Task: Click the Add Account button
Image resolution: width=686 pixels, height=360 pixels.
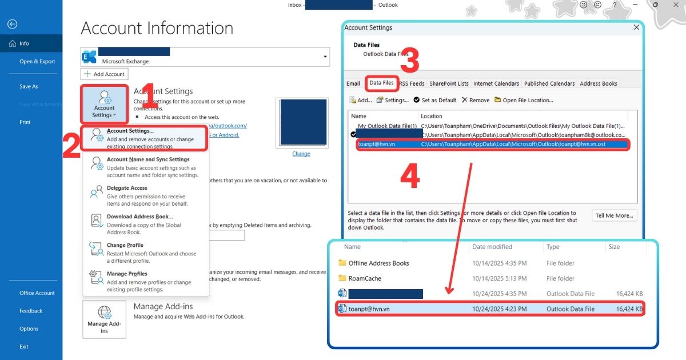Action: [104, 74]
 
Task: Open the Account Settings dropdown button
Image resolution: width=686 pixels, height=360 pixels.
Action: [104, 104]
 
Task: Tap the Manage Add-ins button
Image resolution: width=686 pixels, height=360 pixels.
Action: [104, 319]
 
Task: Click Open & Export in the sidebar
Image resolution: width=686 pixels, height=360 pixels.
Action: [37, 62]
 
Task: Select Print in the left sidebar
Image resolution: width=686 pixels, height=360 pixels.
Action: [25, 122]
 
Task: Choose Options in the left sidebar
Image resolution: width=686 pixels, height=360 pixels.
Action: [29, 329]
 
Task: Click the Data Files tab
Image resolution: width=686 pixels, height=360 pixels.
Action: [382, 83]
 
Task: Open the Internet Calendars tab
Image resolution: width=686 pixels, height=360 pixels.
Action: [496, 83]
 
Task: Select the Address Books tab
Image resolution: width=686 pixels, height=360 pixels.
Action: [598, 83]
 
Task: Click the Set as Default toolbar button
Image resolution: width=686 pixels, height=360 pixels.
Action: [435, 100]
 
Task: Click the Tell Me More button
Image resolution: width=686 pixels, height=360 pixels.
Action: [614, 215]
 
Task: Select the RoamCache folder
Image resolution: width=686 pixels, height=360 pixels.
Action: [365, 278]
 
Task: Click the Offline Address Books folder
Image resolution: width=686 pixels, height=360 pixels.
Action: [378, 263]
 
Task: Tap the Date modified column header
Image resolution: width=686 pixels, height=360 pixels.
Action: [492, 247]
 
